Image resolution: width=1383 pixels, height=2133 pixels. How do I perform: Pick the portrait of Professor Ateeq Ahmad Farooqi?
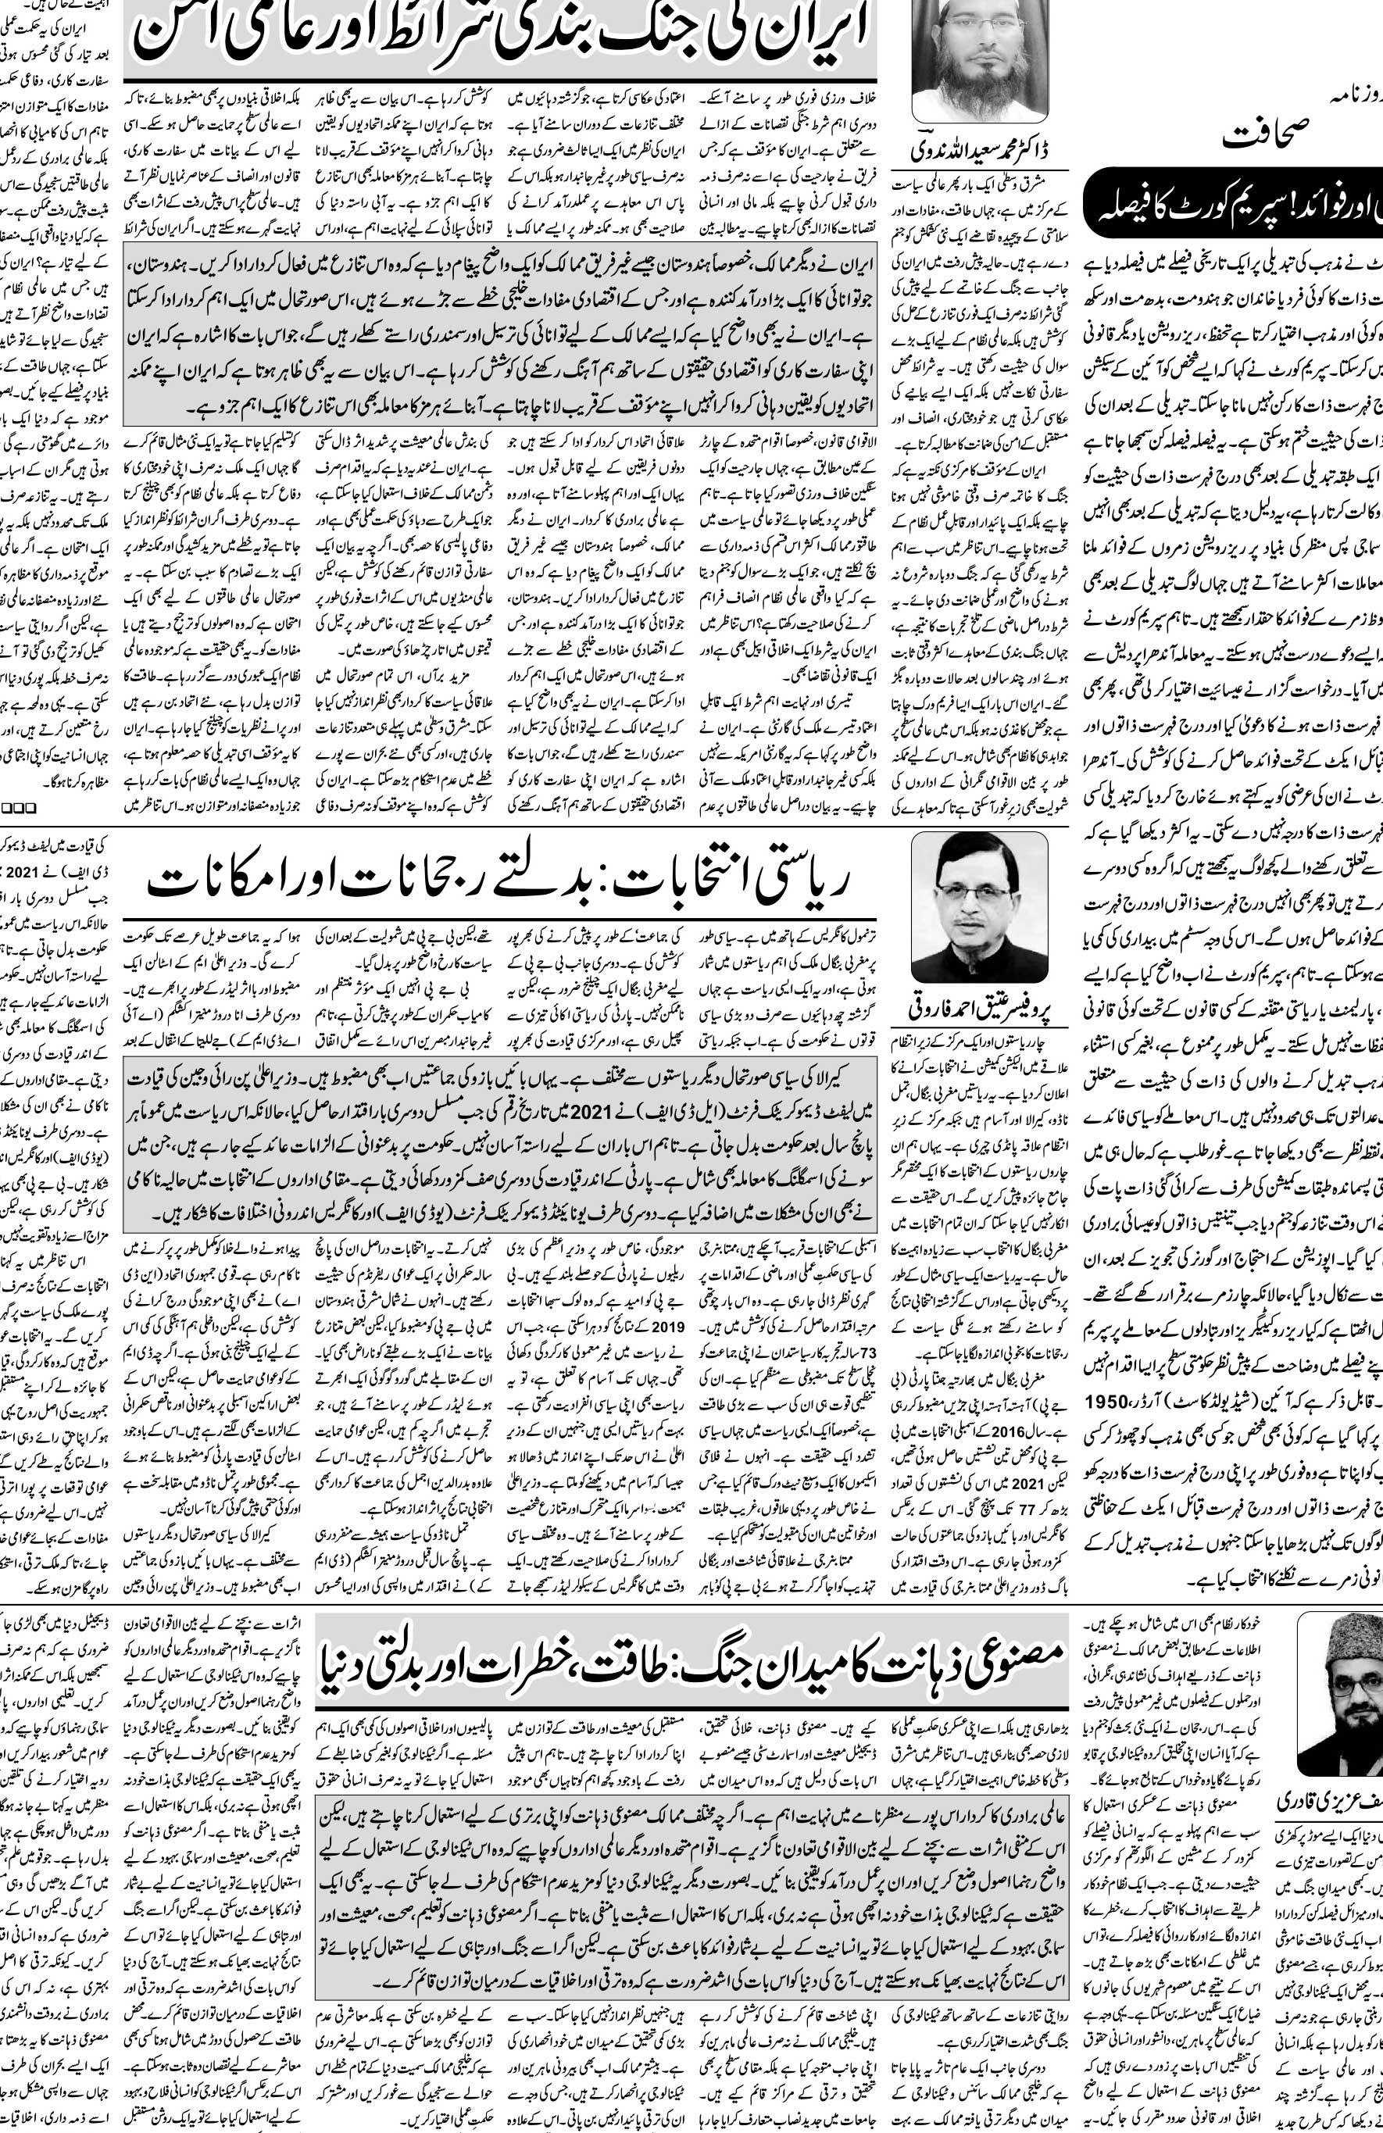[x=979, y=907]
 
